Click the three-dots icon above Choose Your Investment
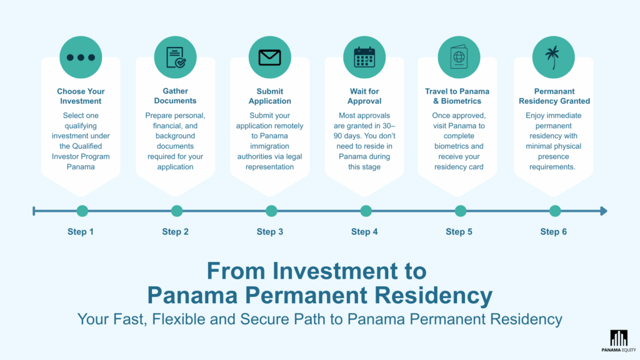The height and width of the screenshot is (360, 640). (x=81, y=57)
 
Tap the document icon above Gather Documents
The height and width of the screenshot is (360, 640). (x=176, y=57)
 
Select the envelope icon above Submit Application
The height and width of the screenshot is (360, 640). (x=270, y=57)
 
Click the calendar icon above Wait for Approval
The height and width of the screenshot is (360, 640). (x=364, y=57)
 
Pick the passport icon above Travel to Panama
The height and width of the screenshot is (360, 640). (x=459, y=57)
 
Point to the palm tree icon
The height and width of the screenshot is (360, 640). (x=553, y=57)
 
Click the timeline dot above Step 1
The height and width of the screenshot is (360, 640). (x=82, y=211)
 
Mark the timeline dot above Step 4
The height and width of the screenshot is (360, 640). (x=366, y=211)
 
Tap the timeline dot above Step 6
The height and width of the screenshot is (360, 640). (x=555, y=211)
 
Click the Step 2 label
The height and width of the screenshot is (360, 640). (x=176, y=232)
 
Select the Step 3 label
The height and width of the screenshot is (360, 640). (x=270, y=232)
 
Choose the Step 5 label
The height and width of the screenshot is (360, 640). (x=459, y=232)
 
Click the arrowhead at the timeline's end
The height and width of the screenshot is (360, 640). (x=604, y=211)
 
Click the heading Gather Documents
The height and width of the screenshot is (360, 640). (x=176, y=96)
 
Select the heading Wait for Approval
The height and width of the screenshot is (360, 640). (x=364, y=96)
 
